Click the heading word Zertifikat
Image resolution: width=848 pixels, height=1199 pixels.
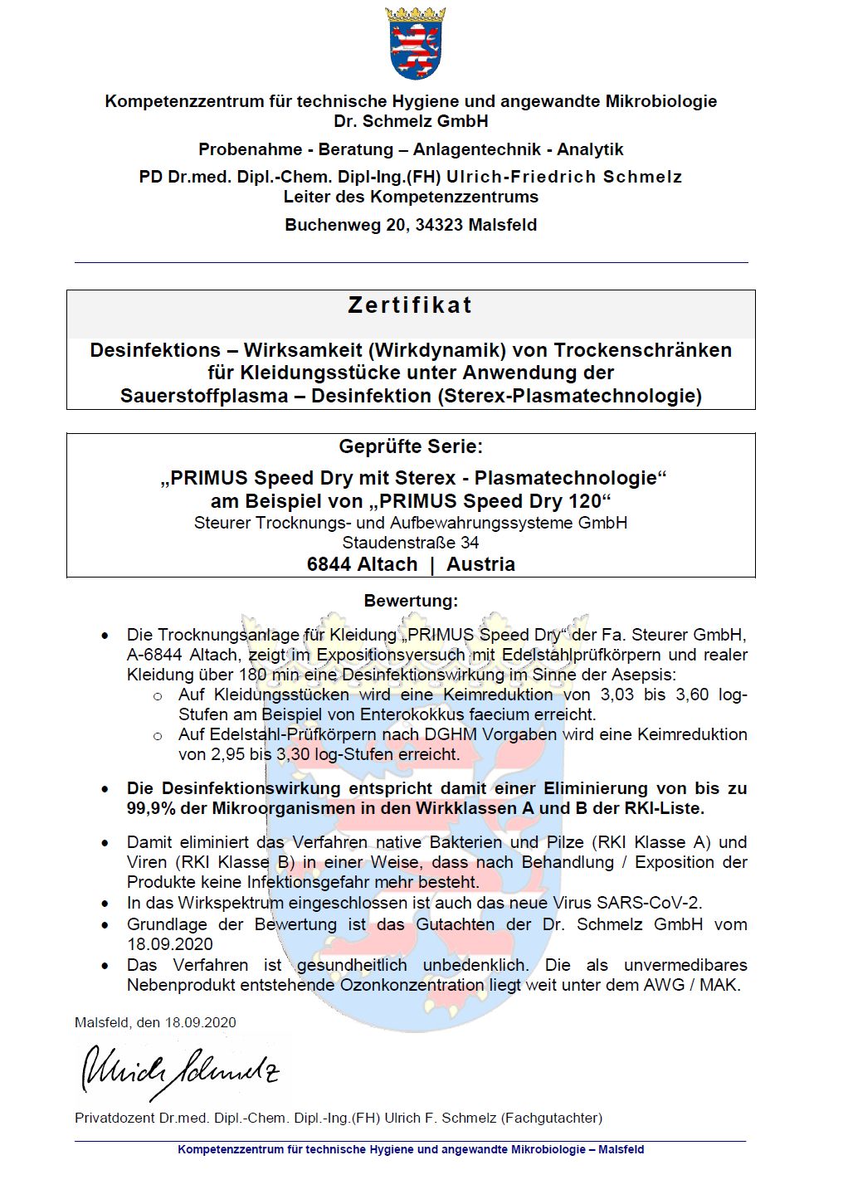pos(411,305)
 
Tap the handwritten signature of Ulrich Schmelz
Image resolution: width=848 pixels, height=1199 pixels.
pos(179,1070)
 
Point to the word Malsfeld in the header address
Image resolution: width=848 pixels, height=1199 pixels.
pos(503,225)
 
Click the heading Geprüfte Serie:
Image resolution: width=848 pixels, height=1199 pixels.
pos(411,446)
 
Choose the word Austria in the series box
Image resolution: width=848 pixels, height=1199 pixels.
pos(480,564)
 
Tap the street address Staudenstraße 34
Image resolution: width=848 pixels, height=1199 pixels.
pos(411,543)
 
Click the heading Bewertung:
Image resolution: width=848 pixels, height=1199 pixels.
pos(411,600)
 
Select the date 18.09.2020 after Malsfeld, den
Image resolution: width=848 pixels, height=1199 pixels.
pos(200,1022)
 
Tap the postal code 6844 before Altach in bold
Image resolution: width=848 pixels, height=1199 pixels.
pos(329,564)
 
